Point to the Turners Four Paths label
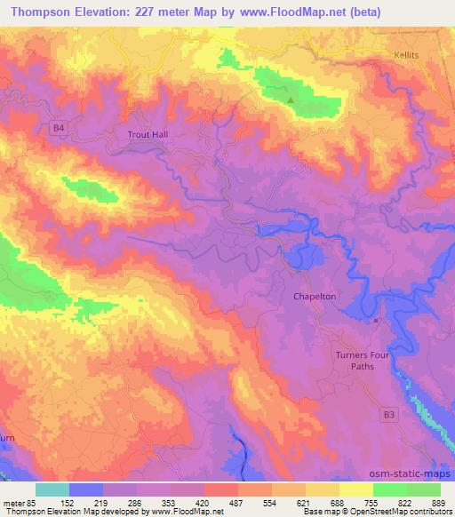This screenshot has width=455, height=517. pyautogui.click(x=363, y=360)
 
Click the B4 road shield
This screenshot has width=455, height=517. pyautogui.click(x=59, y=129)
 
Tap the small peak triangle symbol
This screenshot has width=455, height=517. pyautogui.click(x=290, y=99)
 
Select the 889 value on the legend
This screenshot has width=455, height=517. pyautogui.click(x=440, y=502)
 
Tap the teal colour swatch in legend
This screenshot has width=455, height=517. pyautogui.click(x=52, y=489)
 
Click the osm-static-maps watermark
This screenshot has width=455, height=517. pyautogui.click(x=413, y=476)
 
